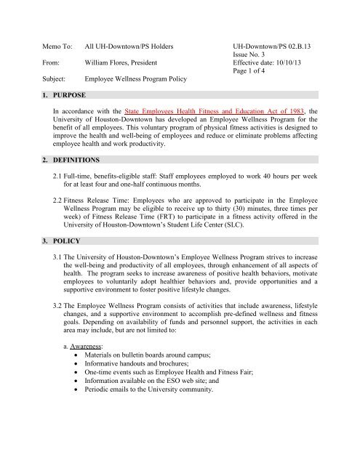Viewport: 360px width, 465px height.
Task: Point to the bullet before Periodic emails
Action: (x=83, y=451)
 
